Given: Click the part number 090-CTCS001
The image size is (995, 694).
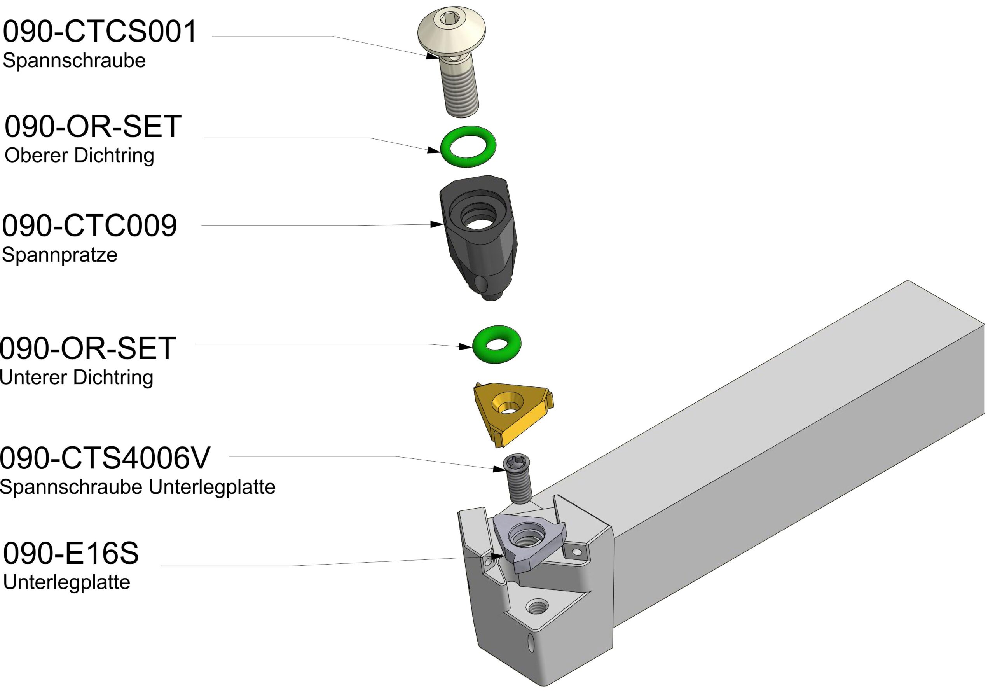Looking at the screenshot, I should coord(99,31).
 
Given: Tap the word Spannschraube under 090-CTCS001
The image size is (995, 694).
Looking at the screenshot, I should coord(74,60).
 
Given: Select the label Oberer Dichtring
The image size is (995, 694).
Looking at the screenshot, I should coord(79,155).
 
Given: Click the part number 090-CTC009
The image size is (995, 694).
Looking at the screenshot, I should coord(89,226).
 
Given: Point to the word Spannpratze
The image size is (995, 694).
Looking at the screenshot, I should coord(59,254).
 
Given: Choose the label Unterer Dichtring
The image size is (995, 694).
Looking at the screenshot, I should coord(77,377).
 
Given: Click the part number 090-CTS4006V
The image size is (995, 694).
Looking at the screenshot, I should coord(105,458).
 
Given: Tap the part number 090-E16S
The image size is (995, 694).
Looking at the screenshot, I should coord(71,553).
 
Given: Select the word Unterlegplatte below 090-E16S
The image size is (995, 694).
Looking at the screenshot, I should coord(66,582).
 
